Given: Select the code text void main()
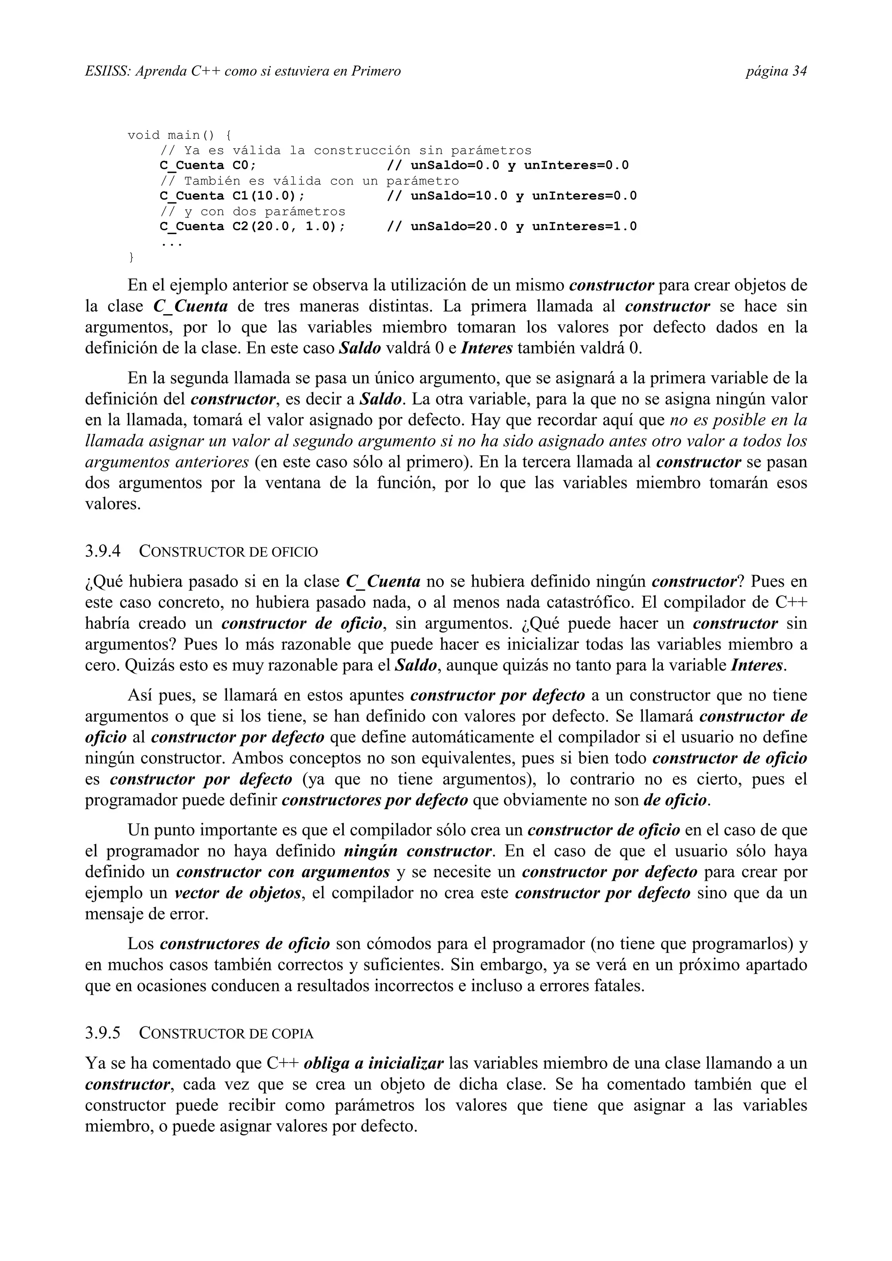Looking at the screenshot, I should (x=172, y=135).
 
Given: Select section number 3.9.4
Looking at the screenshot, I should (x=103, y=551).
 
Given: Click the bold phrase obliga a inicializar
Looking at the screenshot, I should (x=373, y=1064).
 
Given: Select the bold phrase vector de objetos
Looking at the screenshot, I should (x=238, y=893).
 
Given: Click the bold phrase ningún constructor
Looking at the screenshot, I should (x=418, y=851).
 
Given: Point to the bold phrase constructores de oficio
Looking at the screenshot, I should (x=245, y=944).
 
